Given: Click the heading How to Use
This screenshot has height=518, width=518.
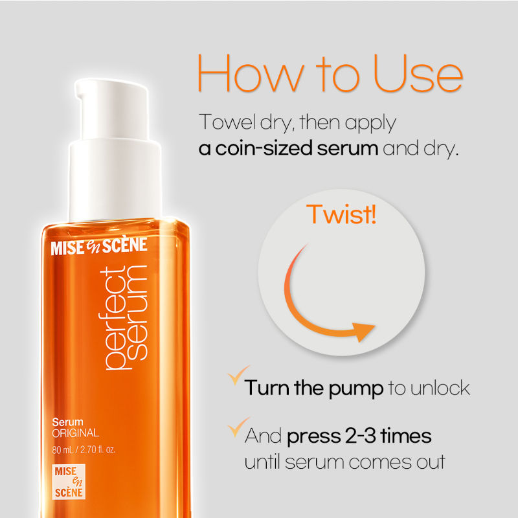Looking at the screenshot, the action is click(x=330, y=73).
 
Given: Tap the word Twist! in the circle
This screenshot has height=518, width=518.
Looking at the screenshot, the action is click(x=341, y=214).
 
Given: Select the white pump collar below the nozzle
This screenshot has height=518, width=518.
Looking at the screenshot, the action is click(x=115, y=180).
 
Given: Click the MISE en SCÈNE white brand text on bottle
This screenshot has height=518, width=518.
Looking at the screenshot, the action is click(x=99, y=246).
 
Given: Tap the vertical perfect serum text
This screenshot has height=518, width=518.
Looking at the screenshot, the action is click(x=123, y=317).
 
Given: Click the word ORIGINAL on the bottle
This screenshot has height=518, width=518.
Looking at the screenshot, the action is click(x=76, y=433).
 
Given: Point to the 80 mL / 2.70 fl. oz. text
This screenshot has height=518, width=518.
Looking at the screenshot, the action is click(x=84, y=449).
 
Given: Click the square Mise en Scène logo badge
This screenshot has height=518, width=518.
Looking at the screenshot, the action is click(x=69, y=482).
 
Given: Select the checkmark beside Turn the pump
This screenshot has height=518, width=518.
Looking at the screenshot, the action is click(x=238, y=375).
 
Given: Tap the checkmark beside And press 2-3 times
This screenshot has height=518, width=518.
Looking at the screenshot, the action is click(x=238, y=427).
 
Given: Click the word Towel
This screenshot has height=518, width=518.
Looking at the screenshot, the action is click(x=227, y=122).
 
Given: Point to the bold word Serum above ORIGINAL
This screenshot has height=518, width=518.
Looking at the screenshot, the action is click(x=67, y=422).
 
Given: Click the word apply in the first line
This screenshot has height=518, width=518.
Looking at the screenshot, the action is click(x=370, y=124).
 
